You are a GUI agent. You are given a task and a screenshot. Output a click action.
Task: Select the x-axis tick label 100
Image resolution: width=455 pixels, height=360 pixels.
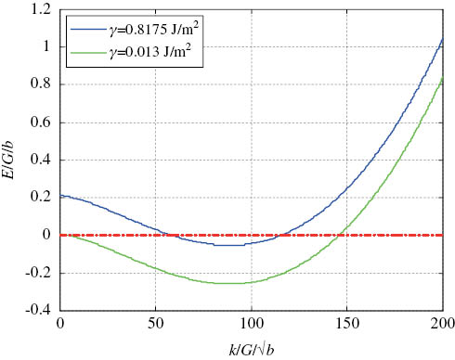pos(252,323)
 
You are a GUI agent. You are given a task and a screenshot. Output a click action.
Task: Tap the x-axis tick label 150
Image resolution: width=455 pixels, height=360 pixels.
pos(347,323)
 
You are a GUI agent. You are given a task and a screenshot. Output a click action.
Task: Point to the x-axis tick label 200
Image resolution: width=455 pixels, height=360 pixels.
pos(441,323)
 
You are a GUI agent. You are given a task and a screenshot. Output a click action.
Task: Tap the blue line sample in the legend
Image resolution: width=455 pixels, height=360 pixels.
pos(85,30)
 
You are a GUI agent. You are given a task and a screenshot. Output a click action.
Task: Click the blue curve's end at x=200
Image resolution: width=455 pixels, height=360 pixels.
pos(443,40)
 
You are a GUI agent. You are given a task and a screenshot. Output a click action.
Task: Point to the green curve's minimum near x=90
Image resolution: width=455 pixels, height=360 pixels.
pos(232,283)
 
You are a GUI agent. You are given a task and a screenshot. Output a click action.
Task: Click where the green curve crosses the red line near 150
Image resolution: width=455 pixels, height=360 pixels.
pos(341,235)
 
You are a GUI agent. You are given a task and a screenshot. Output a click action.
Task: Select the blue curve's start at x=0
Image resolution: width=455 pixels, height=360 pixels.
pos(61,196)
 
